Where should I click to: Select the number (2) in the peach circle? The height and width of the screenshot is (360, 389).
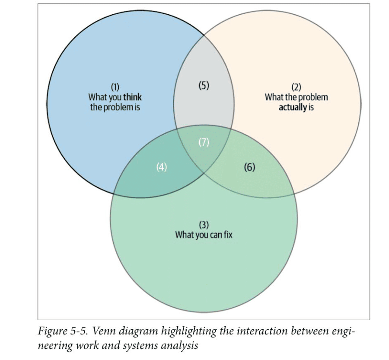[x=296, y=87]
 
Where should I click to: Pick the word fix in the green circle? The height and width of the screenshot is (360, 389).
[x=227, y=235]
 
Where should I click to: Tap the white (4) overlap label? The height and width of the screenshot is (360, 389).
[x=161, y=167]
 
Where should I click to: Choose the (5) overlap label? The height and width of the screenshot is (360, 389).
[x=204, y=85]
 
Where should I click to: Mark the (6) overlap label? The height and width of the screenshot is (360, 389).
[x=249, y=167]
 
